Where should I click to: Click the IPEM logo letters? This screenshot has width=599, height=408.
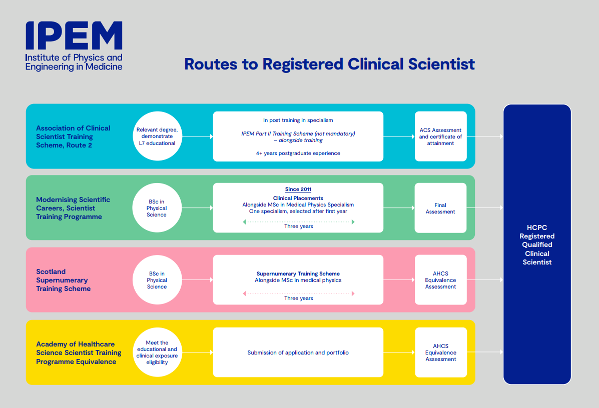pyautogui.click(x=74, y=35)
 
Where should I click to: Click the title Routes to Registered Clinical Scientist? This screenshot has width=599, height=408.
pyautogui.click(x=329, y=64)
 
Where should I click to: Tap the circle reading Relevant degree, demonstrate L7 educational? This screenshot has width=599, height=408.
pyautogui.click(x=157, y=136)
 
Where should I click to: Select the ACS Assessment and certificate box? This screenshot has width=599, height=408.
pyautogui.click(x=440, y=136)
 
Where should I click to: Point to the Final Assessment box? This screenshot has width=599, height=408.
pyautogui.click(x=440, y=208)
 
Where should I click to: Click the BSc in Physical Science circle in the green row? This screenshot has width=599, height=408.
pyautogui.click(x=157, y=208)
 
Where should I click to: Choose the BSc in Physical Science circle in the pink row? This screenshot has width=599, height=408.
pyautogui.click(x=157, y=280)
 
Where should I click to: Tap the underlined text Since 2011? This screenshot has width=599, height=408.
pyautogui.click(x=298, y=189)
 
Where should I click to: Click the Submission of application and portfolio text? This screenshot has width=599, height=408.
pyautogui.click(x=298, y=352)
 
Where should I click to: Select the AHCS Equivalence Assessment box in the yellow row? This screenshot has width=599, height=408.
pyautogui.click(x=441, y=352)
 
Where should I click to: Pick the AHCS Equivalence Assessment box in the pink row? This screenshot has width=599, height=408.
pyautogui.click(x=441, y=280)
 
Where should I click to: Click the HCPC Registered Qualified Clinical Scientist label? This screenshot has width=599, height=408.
pyautogui.click(x=537, y=244)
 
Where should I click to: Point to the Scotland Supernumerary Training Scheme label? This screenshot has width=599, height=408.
pyautogui.click(x=64, y=280)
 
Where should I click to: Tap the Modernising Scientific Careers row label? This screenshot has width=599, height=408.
pyautogui.click(x=73, y=208)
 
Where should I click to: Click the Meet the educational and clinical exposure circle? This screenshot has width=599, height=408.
pyautogui.click(x=157, y=352)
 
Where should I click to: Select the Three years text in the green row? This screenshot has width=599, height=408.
pyautogui.click(x=298, y=226)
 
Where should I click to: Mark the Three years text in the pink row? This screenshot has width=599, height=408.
pyautogui.click(x=298, y=298)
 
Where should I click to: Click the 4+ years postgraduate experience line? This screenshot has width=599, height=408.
pyautogui.click(x=298, y=153)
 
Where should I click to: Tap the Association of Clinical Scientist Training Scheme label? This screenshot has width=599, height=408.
pyautogui.click(x=73, y=136)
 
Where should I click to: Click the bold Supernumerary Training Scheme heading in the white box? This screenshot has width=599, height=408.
pyautogui.click(x=298, y=273)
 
